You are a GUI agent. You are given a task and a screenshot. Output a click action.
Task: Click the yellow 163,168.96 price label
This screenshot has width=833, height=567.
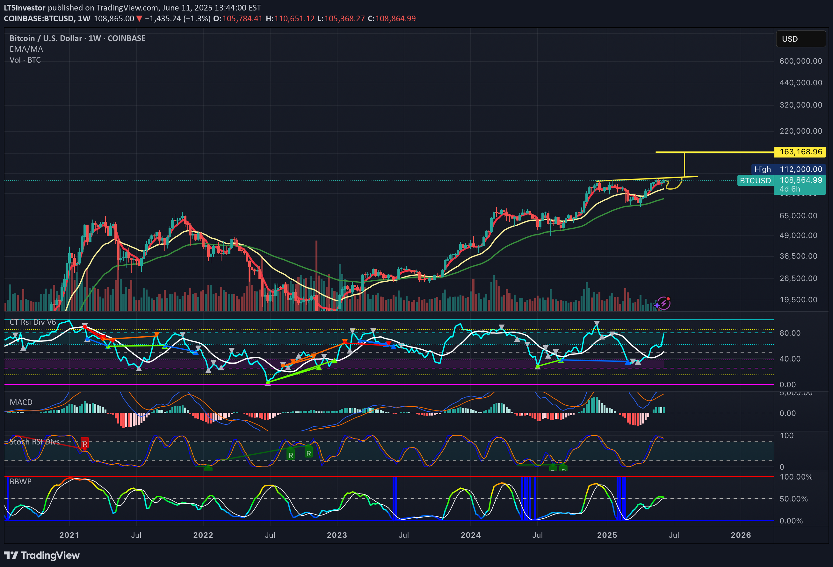(x=800, y=152)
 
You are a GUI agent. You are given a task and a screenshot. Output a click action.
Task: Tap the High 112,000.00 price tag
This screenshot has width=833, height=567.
(x=788, y=169)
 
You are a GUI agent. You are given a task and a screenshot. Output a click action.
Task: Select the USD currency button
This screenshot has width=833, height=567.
(x=800, y=39)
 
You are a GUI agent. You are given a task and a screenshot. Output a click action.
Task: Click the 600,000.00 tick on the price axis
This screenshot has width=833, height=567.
(x=800, y=61)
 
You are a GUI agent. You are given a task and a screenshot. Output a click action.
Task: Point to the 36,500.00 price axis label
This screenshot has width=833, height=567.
(x=798, y=256)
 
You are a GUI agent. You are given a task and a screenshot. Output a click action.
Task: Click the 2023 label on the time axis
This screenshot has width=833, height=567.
(x=337, y=535)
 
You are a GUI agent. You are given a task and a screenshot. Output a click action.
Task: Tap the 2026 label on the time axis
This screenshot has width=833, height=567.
(x=741, y=535)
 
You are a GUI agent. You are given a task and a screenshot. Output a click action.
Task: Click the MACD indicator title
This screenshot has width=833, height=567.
(x=21, y=402)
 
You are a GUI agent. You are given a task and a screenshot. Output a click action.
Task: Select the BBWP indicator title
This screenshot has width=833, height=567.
(x=20, y=481)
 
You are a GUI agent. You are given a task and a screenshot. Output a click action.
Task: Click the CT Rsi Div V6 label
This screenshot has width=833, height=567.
(x=33, y=322)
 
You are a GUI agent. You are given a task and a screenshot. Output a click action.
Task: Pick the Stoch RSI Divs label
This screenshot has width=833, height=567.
(x=34, y=442)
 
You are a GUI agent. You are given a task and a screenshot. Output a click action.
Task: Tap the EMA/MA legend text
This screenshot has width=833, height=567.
(x=26, y=49)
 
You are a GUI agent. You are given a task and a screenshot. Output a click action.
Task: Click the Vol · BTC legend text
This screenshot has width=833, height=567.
(x=25, y=60)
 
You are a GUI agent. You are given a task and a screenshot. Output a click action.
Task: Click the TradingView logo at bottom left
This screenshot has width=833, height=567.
(x=41, y=555)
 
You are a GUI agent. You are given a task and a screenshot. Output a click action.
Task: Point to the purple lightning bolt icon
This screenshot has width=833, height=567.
(x=663, y=304)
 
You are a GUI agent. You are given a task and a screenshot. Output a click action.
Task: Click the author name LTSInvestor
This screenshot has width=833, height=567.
(x=24, y=8)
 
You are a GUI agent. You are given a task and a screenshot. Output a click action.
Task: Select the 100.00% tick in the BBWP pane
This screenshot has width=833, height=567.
(x=796, y=477)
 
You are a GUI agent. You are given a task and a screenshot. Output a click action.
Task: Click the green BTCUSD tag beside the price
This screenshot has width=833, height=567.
(x=755, y=181)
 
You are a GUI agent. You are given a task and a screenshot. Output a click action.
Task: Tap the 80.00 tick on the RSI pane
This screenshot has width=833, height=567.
(x=790, y=333)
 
